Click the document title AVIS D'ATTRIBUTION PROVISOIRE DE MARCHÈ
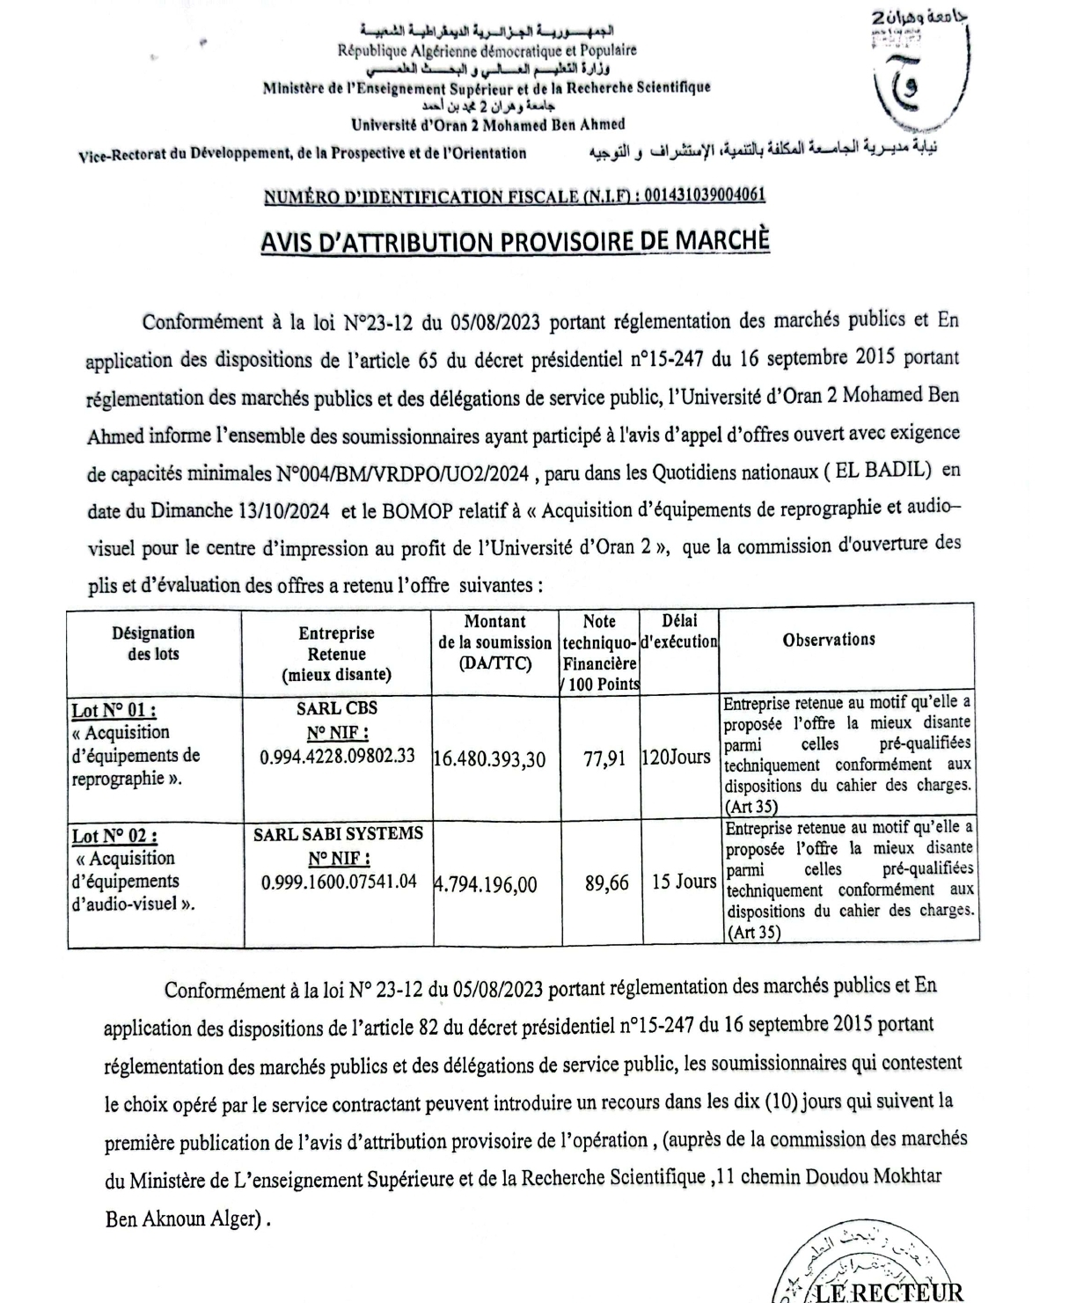515,241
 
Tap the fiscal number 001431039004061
705,196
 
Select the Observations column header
829,640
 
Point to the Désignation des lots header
153,643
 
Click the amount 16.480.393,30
490,758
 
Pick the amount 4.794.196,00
486,884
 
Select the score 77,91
604,758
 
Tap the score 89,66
607,882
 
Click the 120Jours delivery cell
676,757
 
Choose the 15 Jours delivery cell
684,882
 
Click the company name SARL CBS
337,708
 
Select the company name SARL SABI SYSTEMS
338,834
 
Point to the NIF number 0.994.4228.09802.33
337,757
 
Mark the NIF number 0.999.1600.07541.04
339,882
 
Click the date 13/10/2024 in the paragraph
283,510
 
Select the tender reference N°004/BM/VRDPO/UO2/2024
403,473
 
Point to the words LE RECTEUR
889,1292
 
